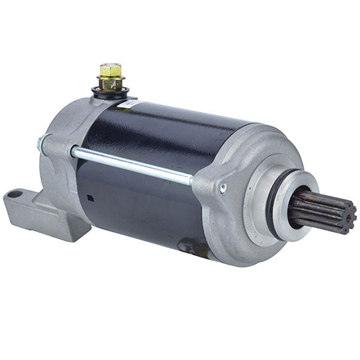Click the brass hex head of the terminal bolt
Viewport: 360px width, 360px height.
click(x=110, y=70)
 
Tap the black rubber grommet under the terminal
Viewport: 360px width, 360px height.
click(x=110, y=93)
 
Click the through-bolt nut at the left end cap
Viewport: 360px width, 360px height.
click(x=41, y=143)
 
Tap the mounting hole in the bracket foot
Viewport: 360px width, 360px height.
click(x=16, y=194)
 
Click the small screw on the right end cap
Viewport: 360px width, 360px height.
click(x=223, y=188)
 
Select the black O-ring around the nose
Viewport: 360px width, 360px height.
click(x=274, y=204)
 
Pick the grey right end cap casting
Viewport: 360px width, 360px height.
click(x=234, y=216)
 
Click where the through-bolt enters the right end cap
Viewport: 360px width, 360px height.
click(x=193, y=178)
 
